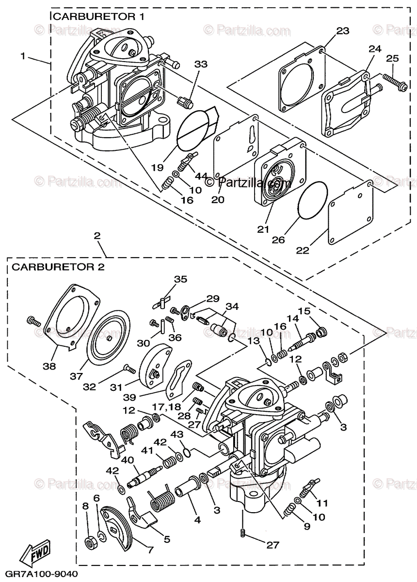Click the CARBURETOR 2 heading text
coord(58,266)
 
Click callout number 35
coord(180,279)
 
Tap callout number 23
coord(342,31)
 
